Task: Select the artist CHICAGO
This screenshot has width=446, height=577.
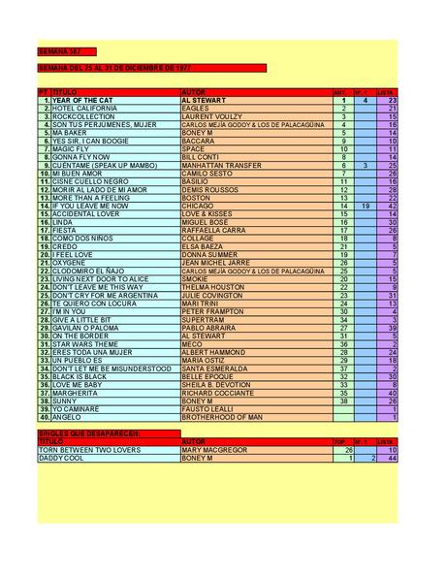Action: (198, 206)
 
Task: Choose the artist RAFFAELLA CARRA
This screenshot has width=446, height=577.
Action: (215, 230)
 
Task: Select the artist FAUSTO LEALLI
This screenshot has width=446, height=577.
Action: (207, 407)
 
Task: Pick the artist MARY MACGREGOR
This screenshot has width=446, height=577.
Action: (213, 449)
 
